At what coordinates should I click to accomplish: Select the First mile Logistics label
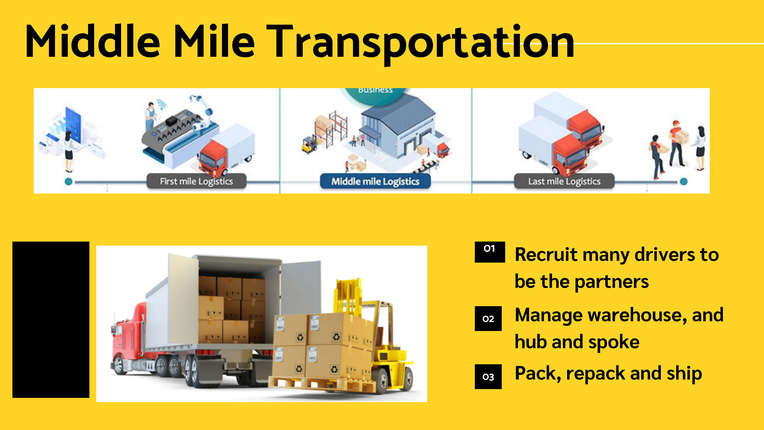[x=196, y=181]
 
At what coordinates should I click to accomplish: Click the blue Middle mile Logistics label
[x=375, y=181]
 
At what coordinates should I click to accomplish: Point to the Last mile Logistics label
[x=564, y=181]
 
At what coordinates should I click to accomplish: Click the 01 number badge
[x=490, y=252]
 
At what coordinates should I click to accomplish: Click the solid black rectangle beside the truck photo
[x=51, y=320]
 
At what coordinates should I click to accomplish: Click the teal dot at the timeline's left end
[x=69, y=182]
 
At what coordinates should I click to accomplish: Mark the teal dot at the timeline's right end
[x=683, y=182]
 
